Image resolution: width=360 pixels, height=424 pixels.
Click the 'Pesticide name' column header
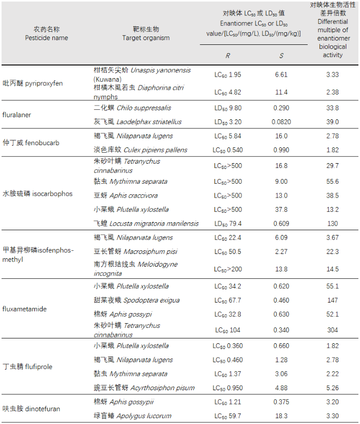46,34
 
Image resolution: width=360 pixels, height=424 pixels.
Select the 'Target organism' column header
146,34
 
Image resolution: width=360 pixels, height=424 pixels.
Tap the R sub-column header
228,55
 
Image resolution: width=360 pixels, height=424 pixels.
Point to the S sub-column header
281,55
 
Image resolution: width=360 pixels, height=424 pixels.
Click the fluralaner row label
16,115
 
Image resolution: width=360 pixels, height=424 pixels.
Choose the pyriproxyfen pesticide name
32,83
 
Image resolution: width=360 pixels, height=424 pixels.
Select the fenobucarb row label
31,143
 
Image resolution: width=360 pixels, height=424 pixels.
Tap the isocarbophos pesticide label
37,194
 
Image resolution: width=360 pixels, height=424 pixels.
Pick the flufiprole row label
27,366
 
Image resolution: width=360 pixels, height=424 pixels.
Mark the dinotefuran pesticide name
31,409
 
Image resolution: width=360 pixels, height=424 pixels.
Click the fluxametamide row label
24,309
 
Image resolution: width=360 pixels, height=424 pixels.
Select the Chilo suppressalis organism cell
132,108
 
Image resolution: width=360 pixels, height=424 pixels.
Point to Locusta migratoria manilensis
146,224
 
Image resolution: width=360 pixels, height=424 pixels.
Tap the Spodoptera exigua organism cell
137,300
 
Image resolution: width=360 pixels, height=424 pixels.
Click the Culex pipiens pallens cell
140,150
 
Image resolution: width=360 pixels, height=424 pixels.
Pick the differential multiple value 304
333,330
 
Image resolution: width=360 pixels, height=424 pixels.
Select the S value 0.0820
281,122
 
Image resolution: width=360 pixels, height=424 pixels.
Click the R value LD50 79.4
228,224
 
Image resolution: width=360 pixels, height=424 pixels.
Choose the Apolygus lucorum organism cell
132,416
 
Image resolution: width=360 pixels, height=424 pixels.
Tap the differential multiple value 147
333,300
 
